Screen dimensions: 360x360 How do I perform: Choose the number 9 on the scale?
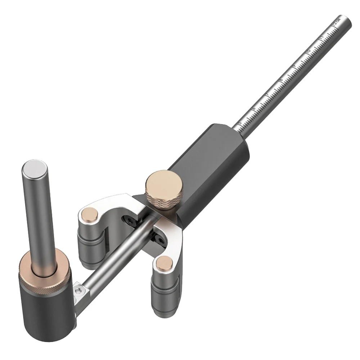tap(294, 66)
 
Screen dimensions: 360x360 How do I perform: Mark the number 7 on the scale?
tap(267, 94)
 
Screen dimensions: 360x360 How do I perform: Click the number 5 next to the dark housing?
tap(240, 122)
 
